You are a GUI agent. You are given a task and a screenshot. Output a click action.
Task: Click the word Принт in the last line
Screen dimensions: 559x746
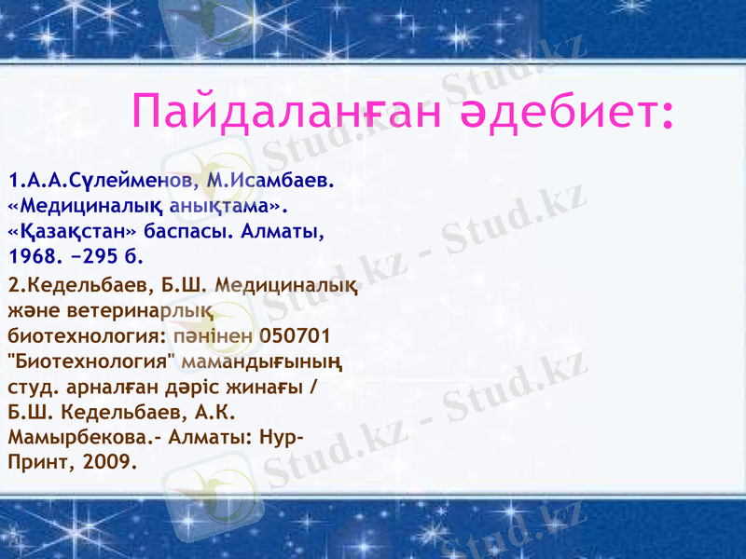pyautogui.click(x=35, y=460)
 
